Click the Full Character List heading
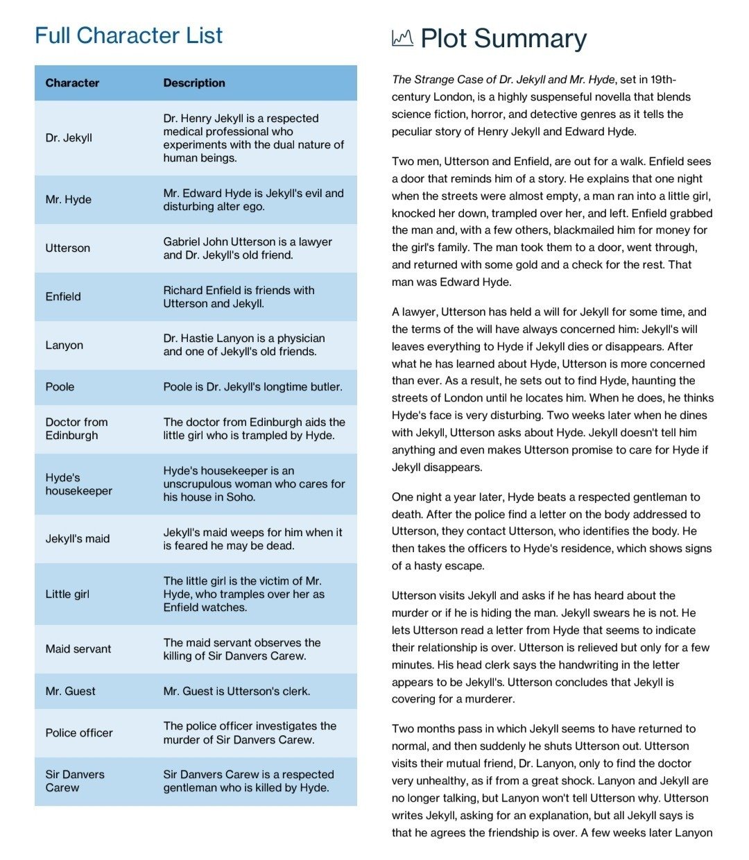click(129, 35)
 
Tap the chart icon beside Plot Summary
click(402, 38)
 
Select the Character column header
click(72, 83)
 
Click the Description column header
click(194, 83)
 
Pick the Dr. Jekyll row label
click(69, 138)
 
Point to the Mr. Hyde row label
click(68, 200)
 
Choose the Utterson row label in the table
click(67, 248)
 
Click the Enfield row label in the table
click(63, 297)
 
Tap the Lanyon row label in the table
click(64, 345)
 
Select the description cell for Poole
click(252, 387)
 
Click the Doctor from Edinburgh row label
click(76, 429)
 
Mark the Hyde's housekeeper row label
click(78, 484)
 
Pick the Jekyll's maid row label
click(78, 539)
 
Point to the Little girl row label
click(67, 594)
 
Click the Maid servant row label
click(78, 649)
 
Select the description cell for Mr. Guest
click(236, 691)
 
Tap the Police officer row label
click(79, 733)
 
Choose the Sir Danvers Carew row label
click(75, 781)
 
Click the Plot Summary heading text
click(503, 39)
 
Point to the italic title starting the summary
click(503, 80)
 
